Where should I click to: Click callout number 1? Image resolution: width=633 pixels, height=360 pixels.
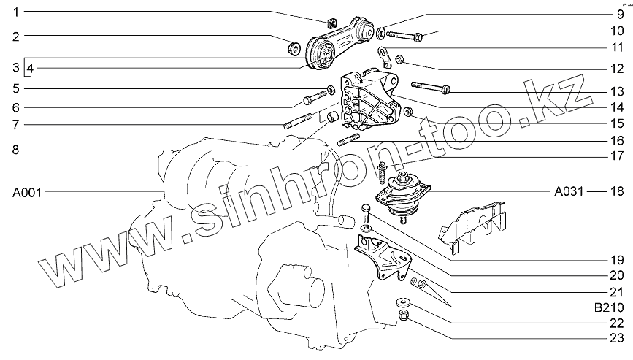click(x=16, y=12)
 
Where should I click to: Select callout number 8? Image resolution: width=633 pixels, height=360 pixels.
click(x=16, y=150)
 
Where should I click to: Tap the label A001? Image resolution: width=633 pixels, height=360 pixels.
click(x=27, y=193)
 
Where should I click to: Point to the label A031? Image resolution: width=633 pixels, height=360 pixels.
click(x=569, y=191)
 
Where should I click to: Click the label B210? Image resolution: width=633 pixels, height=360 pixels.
click(x=609, y=307)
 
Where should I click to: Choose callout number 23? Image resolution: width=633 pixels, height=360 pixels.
click(x=616, y=338)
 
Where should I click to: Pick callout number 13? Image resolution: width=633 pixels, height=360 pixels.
click(x=617, y=91)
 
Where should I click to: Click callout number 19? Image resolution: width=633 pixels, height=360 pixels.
click(x=617, y=259)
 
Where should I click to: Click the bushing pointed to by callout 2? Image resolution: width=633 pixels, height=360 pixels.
click(x=294, y=48)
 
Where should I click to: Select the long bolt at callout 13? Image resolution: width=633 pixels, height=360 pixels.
click(x=430, y=87)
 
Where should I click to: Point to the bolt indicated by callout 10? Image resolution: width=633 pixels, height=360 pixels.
click(x=404, y=37)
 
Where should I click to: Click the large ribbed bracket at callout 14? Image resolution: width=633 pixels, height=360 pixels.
click(x=370, y=101)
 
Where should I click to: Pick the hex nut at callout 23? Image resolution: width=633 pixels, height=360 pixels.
click(x=404, y=315)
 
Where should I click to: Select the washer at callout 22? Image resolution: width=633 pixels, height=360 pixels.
click(x=402, y=302)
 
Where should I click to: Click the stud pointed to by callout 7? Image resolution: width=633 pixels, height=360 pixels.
click(x=298, y=121)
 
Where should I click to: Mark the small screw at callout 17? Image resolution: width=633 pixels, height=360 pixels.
click(x=382, y=172)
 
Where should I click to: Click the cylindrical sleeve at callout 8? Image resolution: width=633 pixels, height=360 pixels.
click(x=333, y=118)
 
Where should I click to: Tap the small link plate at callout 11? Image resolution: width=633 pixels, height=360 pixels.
click(x=384, y=57)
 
